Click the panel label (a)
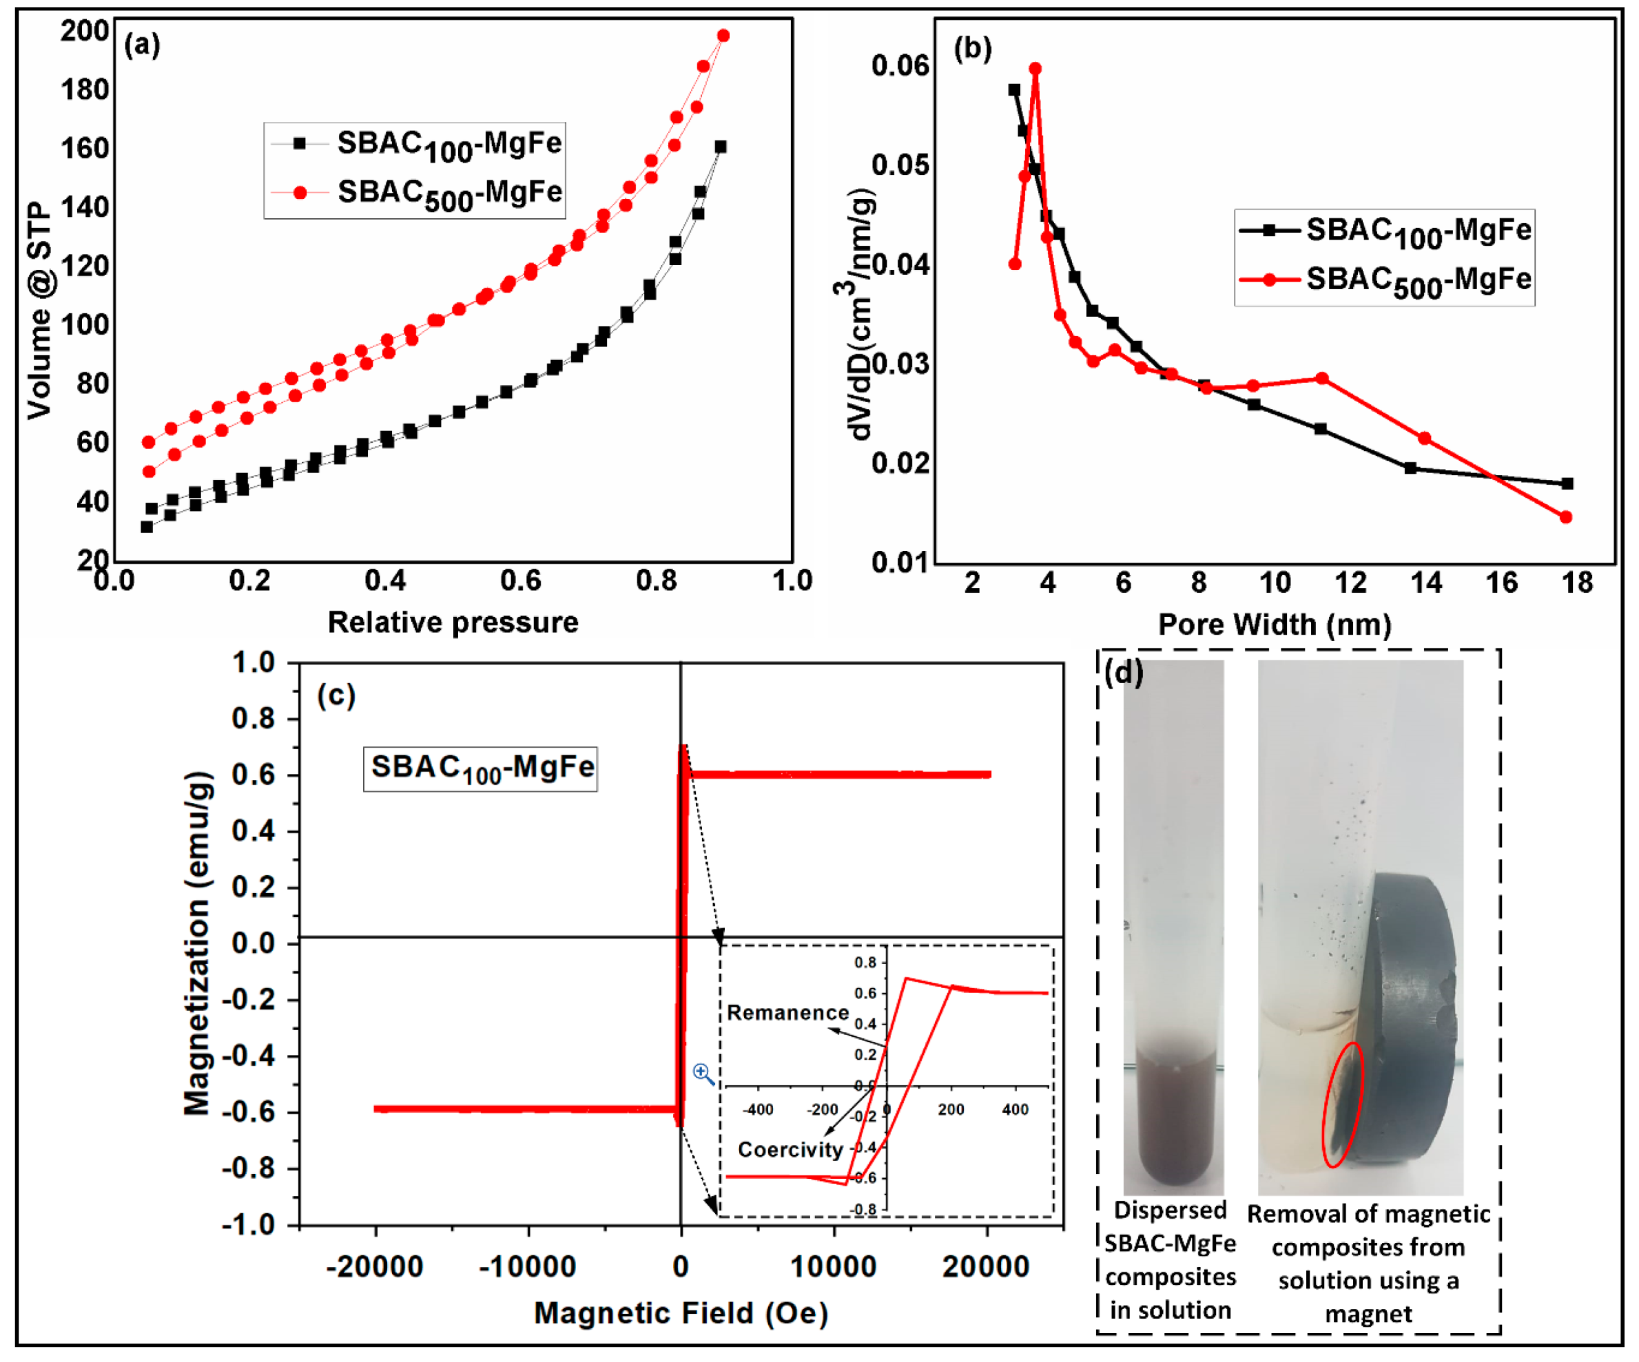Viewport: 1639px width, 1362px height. (x=142, y=45)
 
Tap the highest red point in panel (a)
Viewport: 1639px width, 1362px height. (x=723, y=36)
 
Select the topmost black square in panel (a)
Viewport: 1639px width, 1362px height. (x=721, y=147)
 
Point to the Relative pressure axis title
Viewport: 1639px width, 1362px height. (x=453, y=622)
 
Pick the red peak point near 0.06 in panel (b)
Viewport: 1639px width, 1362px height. (x=1035, y=70)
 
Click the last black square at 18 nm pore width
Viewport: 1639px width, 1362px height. (x=1567, y=483)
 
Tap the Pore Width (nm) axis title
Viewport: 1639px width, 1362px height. (x=1274, y=625)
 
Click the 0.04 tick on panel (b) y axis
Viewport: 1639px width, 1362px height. (x=900, y=264)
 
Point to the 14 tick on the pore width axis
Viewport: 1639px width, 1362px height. (x=1426, y=583)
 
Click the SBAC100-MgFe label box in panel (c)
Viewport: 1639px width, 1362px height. (x=480, y=768)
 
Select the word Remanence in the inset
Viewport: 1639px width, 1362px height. (x=787, y=1012)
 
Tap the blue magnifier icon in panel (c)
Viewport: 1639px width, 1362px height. (x=703, y=1074)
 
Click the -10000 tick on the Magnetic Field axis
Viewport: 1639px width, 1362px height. (x=528, y=1267)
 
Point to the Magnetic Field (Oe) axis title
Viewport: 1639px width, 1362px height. (x=681, y=1314)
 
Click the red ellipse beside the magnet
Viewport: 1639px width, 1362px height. (x=1343, y=1105)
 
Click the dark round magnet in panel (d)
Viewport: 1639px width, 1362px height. (x=1412, y=1022)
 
